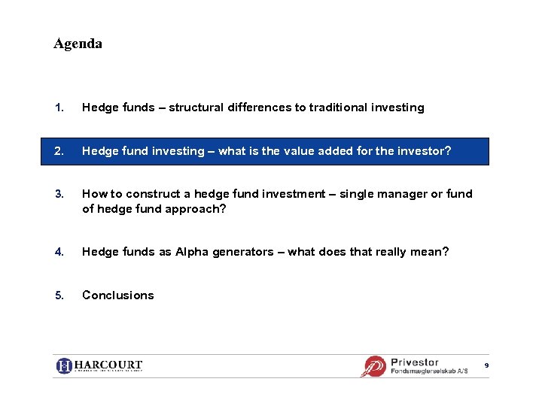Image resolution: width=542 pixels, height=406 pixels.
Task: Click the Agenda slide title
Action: tap(78, 44)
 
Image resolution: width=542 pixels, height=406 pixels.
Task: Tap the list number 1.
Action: tap(59, 108)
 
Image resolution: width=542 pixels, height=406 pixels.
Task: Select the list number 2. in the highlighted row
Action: tap(59, 151)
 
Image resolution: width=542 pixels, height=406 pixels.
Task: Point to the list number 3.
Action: tap(59, 194)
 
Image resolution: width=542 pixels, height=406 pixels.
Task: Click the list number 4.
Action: tap(59, 252)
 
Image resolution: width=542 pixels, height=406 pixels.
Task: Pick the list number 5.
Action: tap(59, 295)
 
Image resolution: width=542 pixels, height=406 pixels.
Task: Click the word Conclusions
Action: tap(117, 295)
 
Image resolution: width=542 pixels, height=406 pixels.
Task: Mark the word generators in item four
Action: tap(243, 252)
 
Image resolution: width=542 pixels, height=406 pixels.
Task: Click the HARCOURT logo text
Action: tap(108, 365)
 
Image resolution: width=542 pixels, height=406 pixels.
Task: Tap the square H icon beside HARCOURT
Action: tap(65, 366)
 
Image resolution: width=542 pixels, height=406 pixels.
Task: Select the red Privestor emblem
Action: tap(374, 366)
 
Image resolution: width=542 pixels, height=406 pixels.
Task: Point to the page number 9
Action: tap(486, 365)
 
